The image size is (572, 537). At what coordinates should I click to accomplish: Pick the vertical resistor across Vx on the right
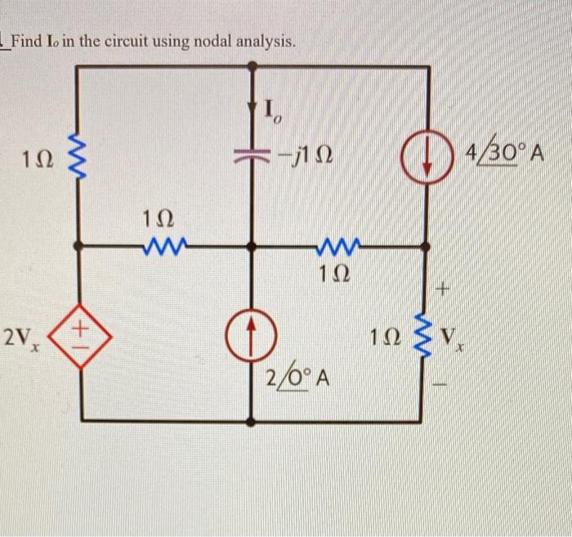424,335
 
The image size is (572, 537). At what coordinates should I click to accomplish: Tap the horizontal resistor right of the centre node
336,244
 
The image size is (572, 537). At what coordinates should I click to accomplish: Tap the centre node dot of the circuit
251,244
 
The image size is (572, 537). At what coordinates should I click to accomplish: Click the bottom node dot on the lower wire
251,421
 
